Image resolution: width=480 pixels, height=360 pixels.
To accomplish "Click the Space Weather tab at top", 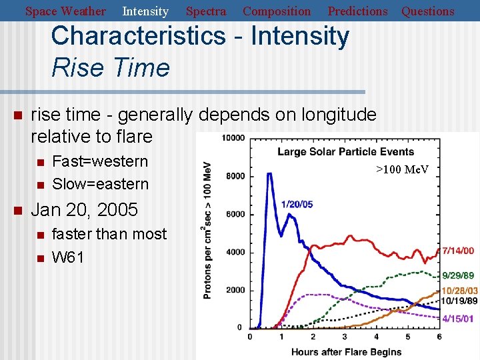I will (65, 11).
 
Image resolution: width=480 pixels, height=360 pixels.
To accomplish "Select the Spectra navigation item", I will (205, 11).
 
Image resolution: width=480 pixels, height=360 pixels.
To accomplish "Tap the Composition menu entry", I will (277, 11).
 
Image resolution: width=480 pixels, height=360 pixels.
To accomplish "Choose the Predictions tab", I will (357, 11).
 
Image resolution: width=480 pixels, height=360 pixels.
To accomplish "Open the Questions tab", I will (427, 11).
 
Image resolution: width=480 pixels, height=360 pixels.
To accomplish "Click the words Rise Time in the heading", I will (111, 67).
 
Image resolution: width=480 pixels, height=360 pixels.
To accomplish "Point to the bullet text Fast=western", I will (100, 161).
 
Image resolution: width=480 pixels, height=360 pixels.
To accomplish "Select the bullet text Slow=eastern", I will (100, 184).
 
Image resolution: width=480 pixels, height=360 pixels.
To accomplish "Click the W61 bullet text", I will (67, 257).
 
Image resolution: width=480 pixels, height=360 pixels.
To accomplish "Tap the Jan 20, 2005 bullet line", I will (85, 210).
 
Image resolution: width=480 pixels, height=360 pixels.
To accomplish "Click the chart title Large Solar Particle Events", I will (345, 151).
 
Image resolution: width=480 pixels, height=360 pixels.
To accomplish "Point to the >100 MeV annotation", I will (402, 169).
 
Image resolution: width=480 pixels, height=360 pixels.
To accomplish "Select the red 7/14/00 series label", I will (459, 251).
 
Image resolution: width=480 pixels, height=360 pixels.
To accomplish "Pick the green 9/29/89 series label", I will (459, 275).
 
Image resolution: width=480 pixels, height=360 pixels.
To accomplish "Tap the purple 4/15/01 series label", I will (459, 319).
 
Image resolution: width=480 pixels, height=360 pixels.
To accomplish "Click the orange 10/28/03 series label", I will (459, 291).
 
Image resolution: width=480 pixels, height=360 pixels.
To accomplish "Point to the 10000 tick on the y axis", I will (233, 138).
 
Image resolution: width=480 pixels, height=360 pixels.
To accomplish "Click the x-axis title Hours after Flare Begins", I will (347, 351).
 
